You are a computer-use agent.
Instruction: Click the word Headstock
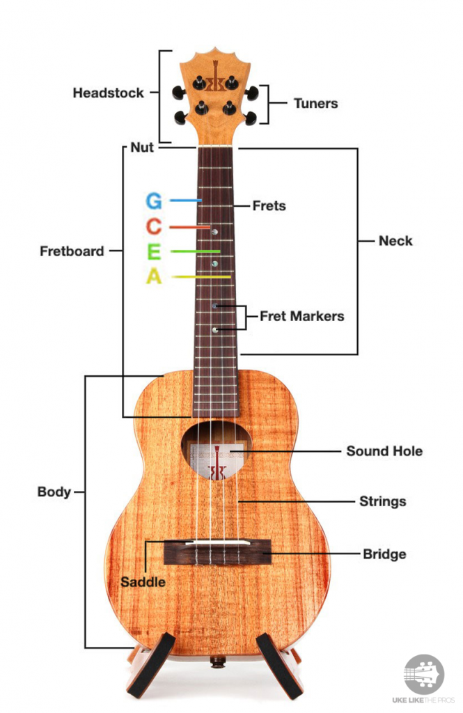pos(108,93)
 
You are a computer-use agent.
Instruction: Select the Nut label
pos(142,148)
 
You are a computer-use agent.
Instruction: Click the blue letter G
pos(154,201)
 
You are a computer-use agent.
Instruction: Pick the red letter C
pos(154,226)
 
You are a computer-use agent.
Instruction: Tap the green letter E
pos(154,251)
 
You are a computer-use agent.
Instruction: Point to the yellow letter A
pos(154,276)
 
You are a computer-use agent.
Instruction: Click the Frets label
pos(269,206)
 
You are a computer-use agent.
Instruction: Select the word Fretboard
pos(72,251)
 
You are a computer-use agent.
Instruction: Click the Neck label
pos(395,241)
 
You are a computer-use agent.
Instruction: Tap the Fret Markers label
pos(301,316)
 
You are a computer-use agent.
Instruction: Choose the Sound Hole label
pos(384,451)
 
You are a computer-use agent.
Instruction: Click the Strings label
pos(382,501)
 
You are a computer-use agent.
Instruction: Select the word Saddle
pos(143,581)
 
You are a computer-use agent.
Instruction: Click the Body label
pos(54,492)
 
